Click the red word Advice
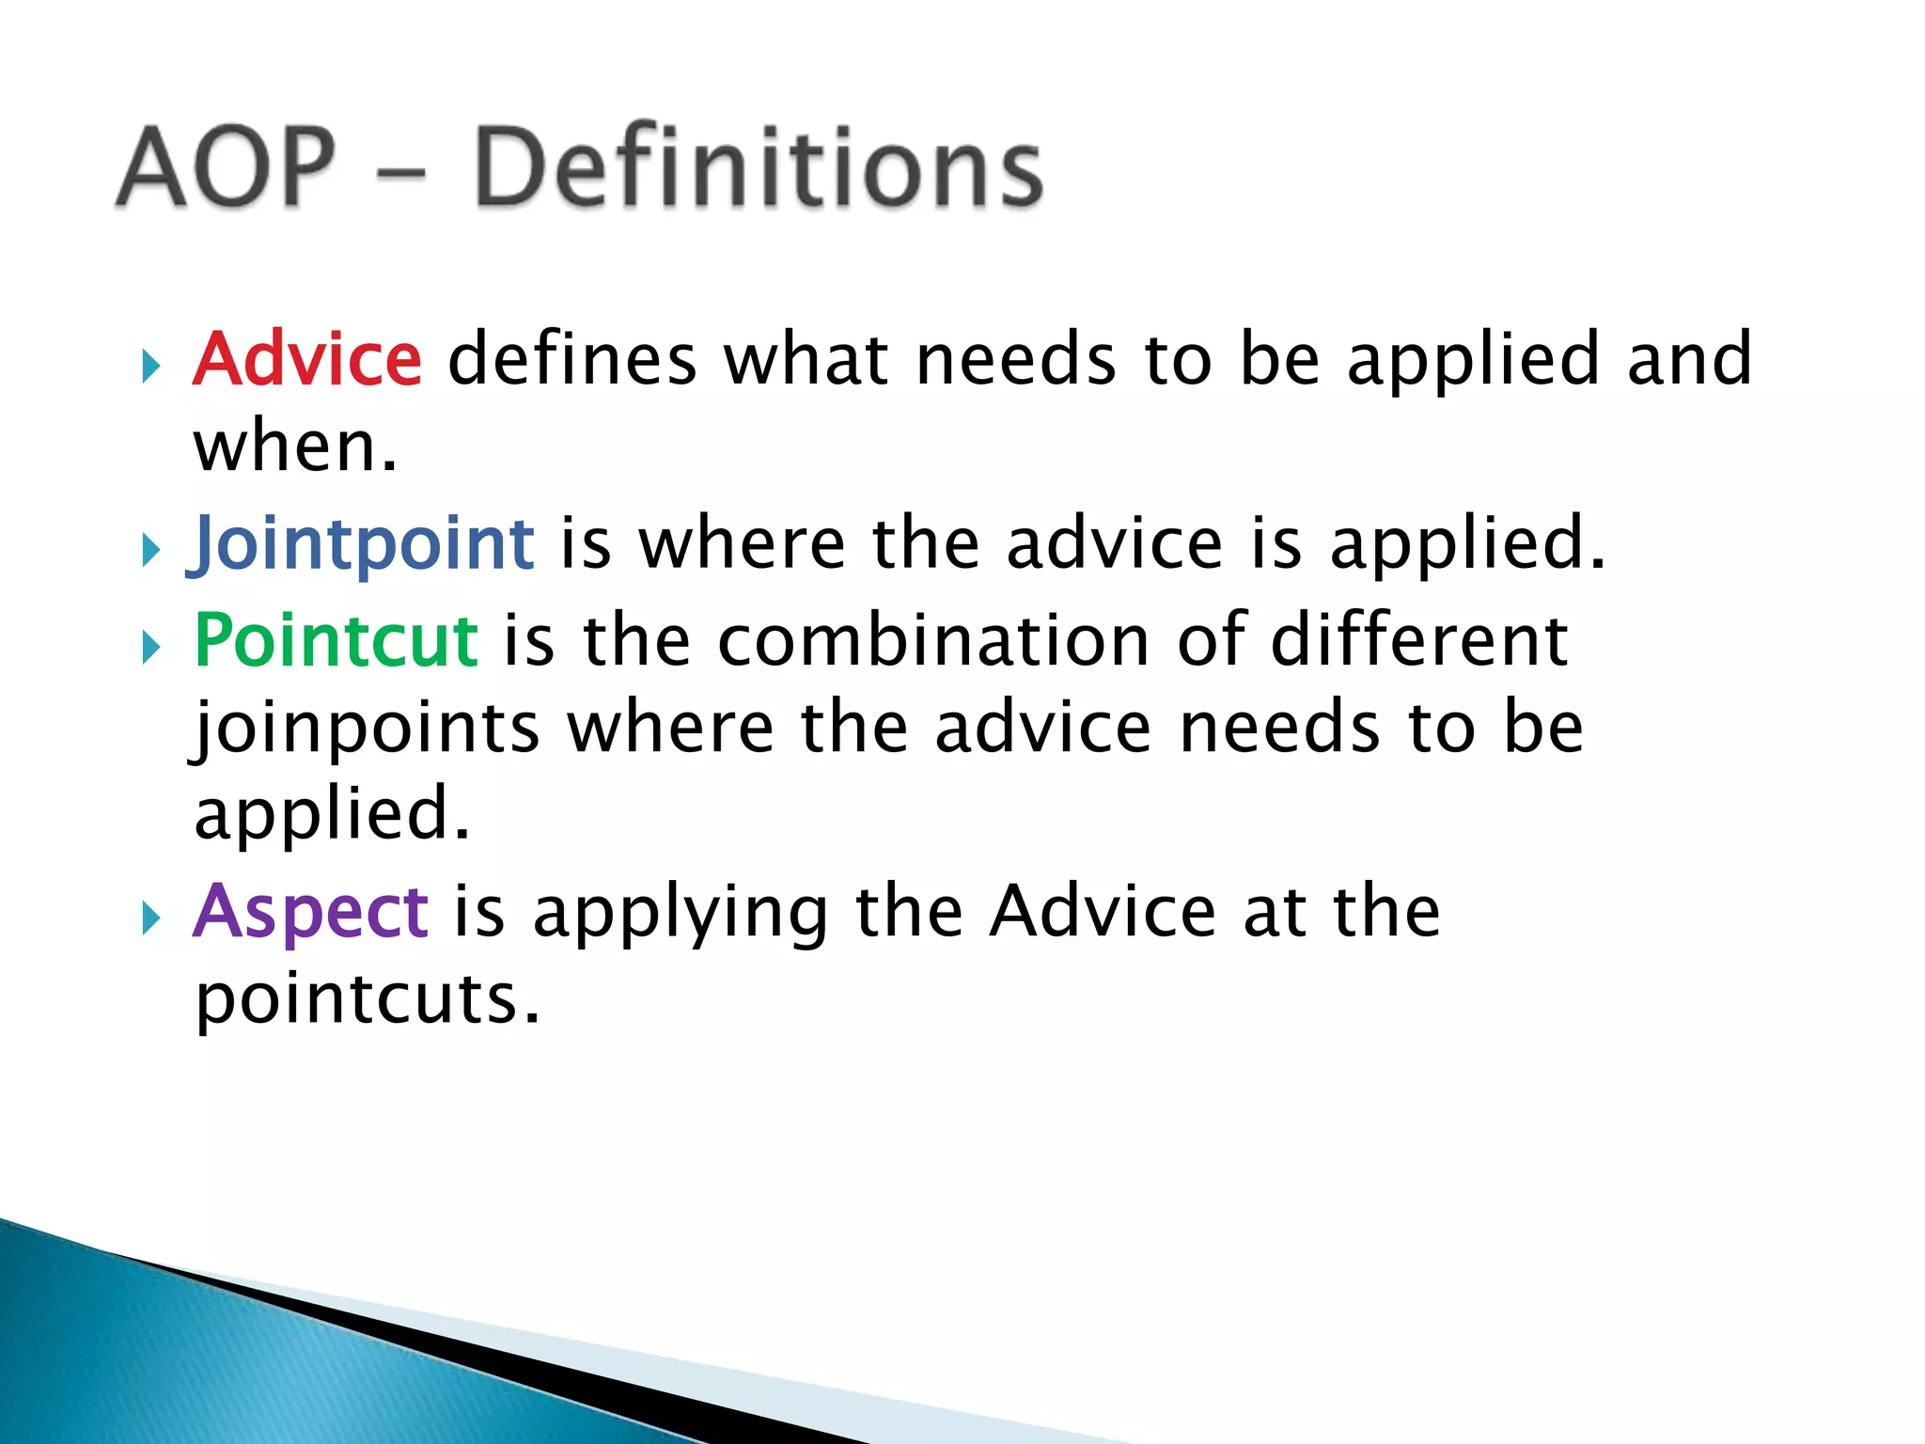coord(307,359)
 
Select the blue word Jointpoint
coord(363,544)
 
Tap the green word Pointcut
coord(336,640)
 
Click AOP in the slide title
coord(226,167)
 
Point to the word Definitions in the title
coord(758,167)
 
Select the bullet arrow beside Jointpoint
coord(150,550)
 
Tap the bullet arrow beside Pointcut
coord(150,647)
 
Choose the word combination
coord(933,640)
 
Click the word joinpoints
coord(367,729)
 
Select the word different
coord(1419,640)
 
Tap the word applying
coord(681,913)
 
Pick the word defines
coord(571,359)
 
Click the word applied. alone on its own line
coord(331,815)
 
